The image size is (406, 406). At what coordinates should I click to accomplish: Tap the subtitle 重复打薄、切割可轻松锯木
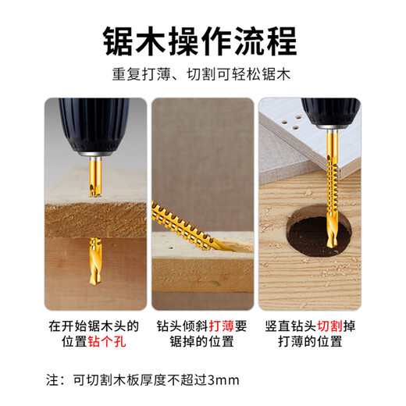(x=202, y=78)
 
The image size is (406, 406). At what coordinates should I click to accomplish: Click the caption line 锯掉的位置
(x=202, y=341)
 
